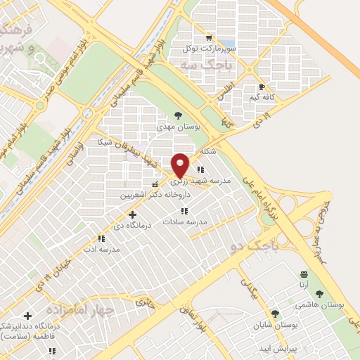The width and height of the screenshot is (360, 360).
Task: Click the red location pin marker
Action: (181, 165)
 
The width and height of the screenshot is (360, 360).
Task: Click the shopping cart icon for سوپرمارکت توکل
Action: (207, 38)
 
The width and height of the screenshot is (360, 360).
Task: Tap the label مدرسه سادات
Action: (185, 221)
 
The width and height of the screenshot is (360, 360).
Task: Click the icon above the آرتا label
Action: (303, 274)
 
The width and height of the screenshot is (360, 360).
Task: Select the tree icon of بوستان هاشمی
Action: (320, 295)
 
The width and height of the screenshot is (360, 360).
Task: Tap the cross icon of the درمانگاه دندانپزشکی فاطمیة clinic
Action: (27, 316)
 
